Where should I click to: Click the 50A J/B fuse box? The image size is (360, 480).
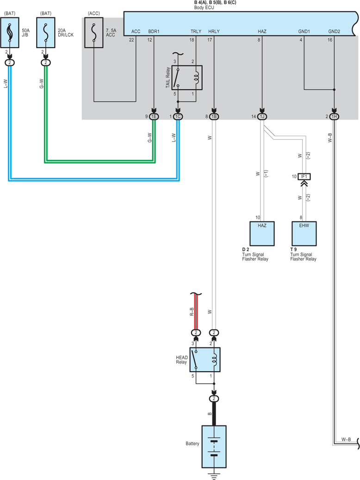pos(10,32)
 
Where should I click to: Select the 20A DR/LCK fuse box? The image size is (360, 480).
pos(46,32)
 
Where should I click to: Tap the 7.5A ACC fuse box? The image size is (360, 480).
pos(94,32)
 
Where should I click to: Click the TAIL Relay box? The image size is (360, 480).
pos(187,77)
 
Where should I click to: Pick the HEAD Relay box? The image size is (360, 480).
pos(205,360)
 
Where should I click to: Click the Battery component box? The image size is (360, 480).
pos(214,446)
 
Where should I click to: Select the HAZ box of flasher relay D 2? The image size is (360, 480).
pos(262,234)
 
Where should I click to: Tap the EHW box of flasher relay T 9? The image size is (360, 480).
pos(304,234)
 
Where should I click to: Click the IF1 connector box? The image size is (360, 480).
pos(304,176)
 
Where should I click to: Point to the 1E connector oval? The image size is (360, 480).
pos(154,117)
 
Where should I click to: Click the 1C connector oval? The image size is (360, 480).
pos(178,117)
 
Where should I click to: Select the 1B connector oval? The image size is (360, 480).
pos(214,117)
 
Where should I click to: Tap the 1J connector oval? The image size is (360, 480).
pos(262,117)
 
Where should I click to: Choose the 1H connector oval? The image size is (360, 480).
pos(334,117)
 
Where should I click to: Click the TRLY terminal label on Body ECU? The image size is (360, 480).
pos(196,31)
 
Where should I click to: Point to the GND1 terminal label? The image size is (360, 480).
pos(304,31)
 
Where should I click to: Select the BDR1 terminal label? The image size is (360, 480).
pos(154,31)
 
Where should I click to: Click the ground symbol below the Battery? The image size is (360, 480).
pos(214,476)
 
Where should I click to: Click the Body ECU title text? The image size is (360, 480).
pos(204,7)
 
